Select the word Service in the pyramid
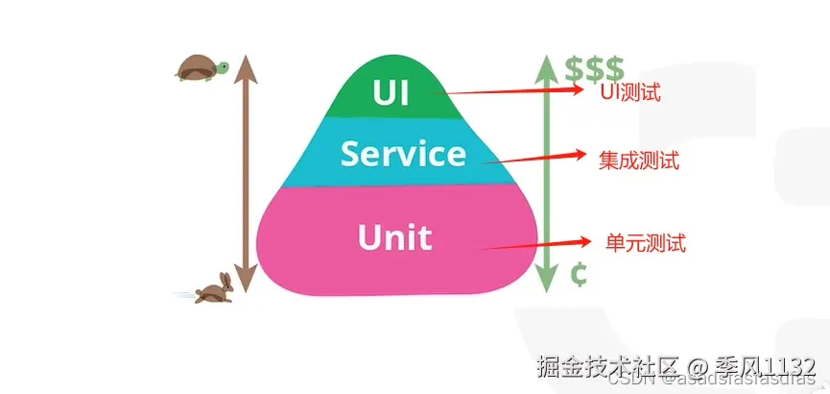pos(403,154)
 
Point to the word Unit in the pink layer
pos(394,236)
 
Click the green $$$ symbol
pos(594,68)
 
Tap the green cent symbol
pos(578,275)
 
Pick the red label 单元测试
pos(646,243)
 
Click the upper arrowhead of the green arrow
pos(546,64)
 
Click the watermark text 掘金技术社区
pos(594,365)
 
